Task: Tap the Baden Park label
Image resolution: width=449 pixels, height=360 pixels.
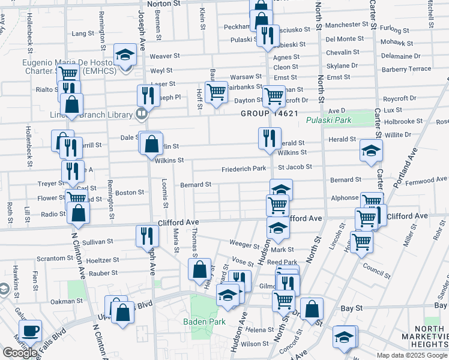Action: click(x=205, y=322)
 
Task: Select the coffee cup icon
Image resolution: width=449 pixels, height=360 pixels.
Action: click(x=30, y=330)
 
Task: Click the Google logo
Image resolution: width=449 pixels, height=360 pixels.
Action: click(x=20, y=353)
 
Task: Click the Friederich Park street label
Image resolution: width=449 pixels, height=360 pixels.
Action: click(x=243, y=169)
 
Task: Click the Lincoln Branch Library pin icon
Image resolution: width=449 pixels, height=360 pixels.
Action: click(x=142, y=113)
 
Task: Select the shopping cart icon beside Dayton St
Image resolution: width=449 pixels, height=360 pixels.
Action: click(x=216, y=92)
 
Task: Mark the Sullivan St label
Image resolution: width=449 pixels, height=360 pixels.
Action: click(x=98, y=242)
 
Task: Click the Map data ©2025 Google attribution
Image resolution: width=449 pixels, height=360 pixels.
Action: click(x=412, y=355)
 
